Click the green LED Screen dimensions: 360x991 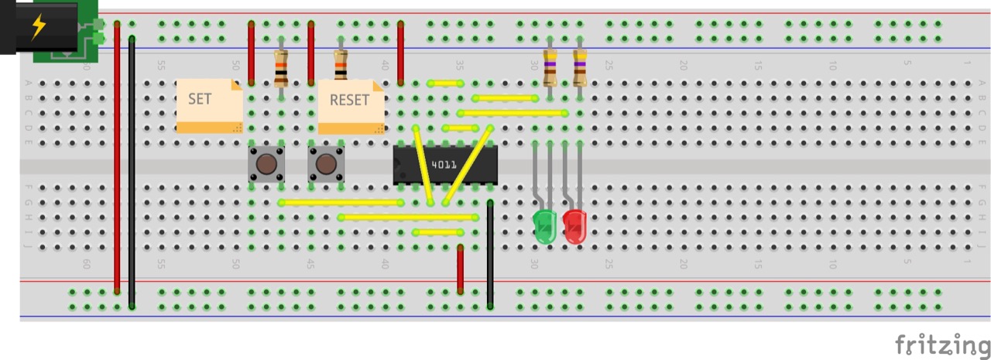click(x=546, y=225)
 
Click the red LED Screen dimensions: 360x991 click(x=574, y=226)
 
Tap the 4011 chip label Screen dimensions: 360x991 click(x=444, y=164)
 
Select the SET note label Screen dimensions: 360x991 click(x=200, y=99)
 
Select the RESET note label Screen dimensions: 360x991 click(x=349, y=100)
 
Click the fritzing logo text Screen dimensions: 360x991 click(x=942, y=343)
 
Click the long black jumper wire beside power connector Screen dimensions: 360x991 click(x=132, y=170)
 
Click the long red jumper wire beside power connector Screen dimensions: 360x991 click(x=117, y=155)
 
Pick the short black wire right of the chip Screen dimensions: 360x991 click(x=490, y=255)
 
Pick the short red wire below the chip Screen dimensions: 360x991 click(x=460, y=269)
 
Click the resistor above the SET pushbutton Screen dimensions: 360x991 click(x=281, y=68)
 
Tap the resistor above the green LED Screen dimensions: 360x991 click(x=550, y=67)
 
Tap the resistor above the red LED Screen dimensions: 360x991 click(x=579, y=67)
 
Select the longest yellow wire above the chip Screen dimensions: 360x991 click(x=513, y=113)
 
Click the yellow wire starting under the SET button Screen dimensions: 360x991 click(x=341, y=203)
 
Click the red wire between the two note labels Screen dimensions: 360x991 click(x=310, y=53)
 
